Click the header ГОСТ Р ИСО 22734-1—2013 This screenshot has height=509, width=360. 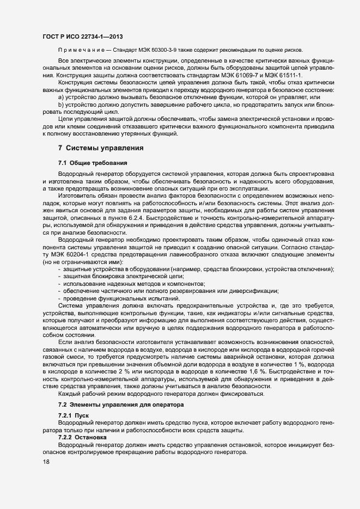click(x=82, y=36)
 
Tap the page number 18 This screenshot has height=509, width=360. click(x=46, y=462)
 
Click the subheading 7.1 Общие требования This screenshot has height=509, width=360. click(x=93, y=163)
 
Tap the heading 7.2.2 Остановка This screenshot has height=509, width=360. click(x=82, y=437)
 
